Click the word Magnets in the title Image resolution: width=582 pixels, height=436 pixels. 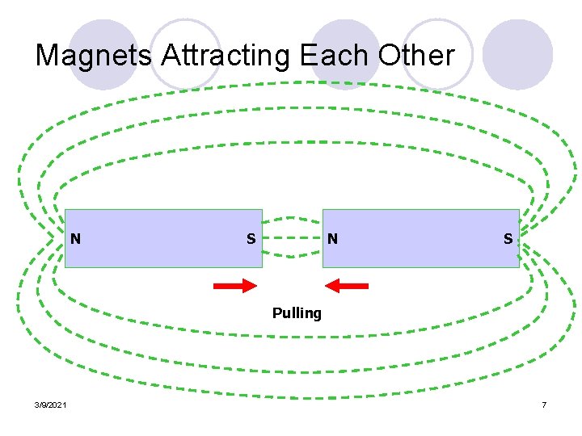(95, 56)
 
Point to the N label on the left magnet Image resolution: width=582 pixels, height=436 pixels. (75, 238)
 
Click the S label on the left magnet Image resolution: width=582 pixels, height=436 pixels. (251, 239)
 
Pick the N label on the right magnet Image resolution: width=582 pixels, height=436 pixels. (332, 239)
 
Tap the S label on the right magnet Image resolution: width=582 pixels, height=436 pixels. (508, 239)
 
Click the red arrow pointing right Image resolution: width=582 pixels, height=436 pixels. (234, 286)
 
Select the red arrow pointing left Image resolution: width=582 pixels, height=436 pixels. (346, 286)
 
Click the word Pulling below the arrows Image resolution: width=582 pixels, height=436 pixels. (297, 313)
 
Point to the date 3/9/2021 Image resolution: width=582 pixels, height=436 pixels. (51, 404)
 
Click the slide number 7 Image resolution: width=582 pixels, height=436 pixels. (545, 404)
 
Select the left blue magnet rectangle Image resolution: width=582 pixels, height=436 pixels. (162, 238)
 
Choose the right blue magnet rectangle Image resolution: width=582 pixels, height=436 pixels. (420, 238)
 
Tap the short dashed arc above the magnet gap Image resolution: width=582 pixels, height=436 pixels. (293, 217)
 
